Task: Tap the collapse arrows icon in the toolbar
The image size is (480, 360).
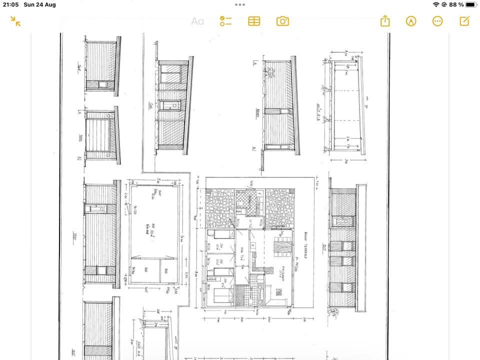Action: [x=16, y=21]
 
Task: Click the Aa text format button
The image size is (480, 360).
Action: [x=197, y=21]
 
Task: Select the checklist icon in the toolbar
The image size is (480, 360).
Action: [x=226, y=21]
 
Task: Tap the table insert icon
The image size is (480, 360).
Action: [x=254, y=21]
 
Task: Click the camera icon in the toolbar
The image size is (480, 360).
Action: [x=282, y=21]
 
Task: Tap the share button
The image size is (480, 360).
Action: [x=384, y=21]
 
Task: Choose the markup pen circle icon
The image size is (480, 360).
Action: [x=411, y=21]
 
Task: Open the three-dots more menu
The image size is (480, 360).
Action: [x=437, y=21]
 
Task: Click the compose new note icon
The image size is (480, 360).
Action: [x=464, y=21]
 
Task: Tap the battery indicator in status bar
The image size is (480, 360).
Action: [x=470, y=4]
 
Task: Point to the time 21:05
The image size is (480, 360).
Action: [x=10, y=4]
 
